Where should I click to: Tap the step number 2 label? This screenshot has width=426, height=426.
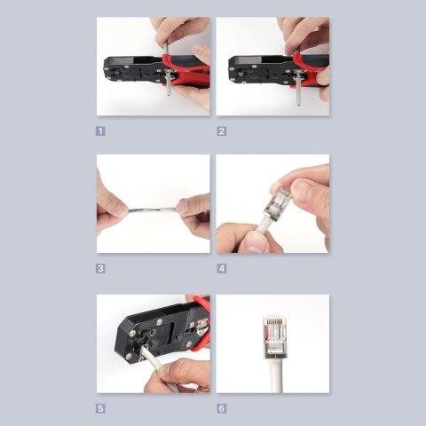click(222, 130)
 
